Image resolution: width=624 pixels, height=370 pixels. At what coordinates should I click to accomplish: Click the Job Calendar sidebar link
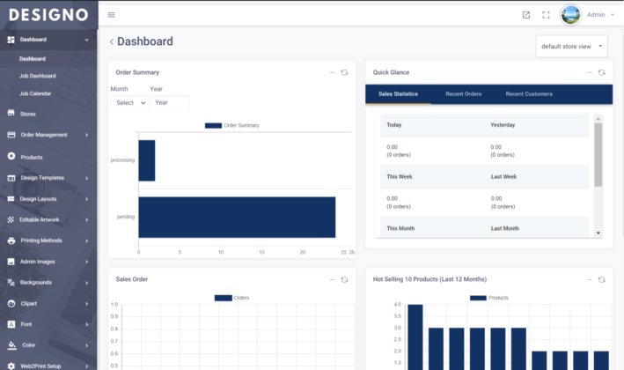[36, 92]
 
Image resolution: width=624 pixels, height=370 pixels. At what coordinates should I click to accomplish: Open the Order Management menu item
[43, 135]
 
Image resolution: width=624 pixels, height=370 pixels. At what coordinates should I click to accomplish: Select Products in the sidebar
[32, 157]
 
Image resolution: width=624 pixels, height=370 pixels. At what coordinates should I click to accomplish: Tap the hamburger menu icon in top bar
[111, 15]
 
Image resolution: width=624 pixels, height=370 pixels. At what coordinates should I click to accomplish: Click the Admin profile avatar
[570, 15]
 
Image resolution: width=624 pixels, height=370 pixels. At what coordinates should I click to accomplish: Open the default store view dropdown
[571, 46]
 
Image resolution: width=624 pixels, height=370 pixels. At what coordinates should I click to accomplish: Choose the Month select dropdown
[130, 102]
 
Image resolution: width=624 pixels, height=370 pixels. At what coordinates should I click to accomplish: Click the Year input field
[169, 102]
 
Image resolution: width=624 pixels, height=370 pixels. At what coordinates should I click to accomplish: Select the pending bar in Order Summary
[237, 217]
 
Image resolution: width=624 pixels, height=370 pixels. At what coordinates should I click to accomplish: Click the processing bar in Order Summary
[146, 160]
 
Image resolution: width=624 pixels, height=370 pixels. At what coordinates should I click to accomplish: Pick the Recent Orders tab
[463, 93]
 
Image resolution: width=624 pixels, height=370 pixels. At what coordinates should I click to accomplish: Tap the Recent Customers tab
[529, 93]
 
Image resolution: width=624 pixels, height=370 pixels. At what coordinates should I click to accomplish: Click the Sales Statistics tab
[398, 93]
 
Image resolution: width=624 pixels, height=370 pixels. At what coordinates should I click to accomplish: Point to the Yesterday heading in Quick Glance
[504, 125]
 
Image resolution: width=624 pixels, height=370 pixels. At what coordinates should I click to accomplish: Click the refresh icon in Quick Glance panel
[601, 72]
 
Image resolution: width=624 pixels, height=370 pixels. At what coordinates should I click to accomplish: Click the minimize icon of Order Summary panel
[332, 72]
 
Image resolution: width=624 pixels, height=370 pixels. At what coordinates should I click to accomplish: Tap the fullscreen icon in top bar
[546, 15]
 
